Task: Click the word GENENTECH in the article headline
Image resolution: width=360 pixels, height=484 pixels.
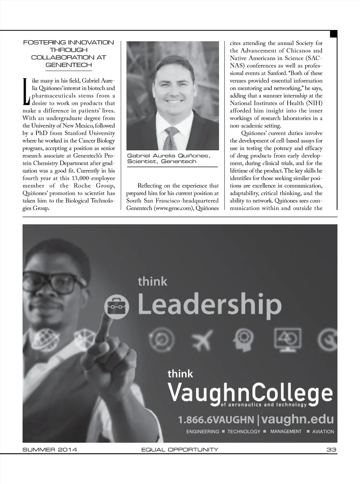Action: click(x=69, y=65)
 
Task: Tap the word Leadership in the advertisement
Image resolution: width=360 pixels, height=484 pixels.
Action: click(x=210, y=305)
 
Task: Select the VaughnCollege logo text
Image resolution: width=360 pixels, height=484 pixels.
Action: click(x=250, y=393)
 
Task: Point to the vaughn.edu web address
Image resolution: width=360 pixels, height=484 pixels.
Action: click(x=297, y=419)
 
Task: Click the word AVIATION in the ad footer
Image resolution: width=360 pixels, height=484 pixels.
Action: click(x=323, y=432)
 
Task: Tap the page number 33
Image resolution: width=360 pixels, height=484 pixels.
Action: click(x=331, y=450)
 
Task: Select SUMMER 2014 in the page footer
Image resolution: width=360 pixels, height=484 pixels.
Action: click(x=50, y=450)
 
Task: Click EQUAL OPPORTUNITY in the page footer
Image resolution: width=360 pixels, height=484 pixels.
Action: click(x=180, y=450)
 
